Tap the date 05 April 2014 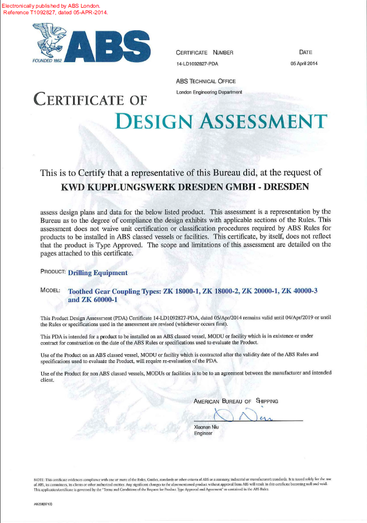(304, 64)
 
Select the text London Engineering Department (209, 92)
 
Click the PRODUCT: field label (53, 272)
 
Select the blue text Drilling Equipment (98, 272)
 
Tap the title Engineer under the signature (203, 433)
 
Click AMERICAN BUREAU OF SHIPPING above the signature (236, 401)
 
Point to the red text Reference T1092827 (26, 12)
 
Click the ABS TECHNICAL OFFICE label (205, 81)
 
